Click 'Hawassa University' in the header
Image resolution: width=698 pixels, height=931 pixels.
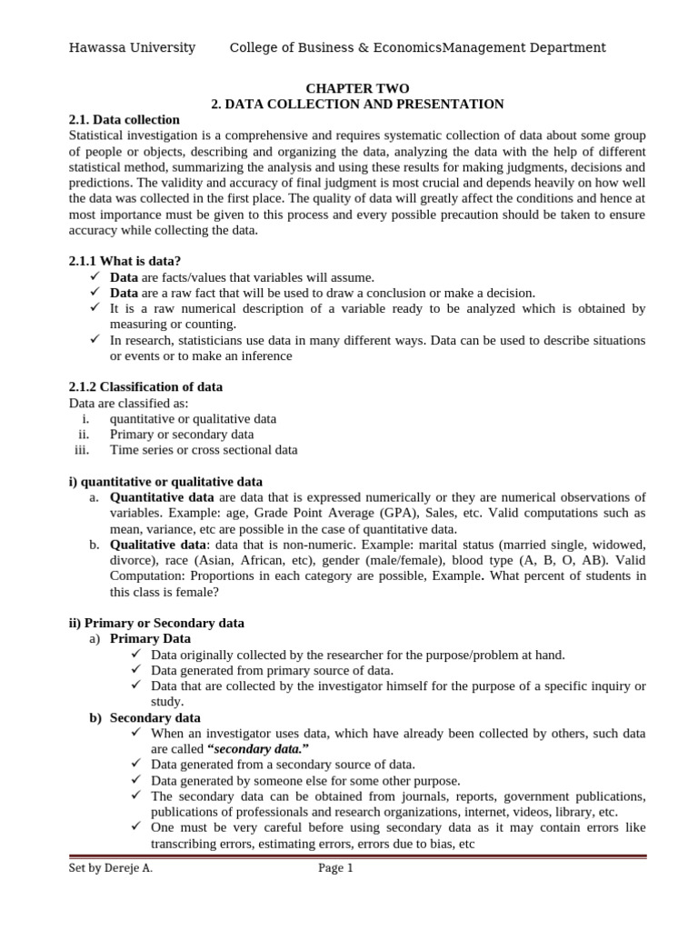coord(132,47)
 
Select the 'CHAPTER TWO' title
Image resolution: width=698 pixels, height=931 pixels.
coord(351,88)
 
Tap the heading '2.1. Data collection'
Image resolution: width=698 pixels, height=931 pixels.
coord(125,120)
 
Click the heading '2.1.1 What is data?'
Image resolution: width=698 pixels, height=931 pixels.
coord(125,261)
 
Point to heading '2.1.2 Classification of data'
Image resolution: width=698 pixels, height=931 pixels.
coord(145,386)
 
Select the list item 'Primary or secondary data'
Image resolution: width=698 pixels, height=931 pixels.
coord(182,434)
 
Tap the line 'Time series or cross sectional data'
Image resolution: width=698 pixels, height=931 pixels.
coord(204,449)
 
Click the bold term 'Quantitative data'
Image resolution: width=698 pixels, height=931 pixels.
coord(162,496)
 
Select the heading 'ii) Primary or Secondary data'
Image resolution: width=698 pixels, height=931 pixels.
coord(156,623)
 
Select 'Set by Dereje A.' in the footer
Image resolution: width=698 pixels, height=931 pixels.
coord(111,868)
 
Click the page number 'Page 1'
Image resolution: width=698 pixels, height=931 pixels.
coord(335,868)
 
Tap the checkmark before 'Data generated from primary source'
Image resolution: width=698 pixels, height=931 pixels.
coord(136,670)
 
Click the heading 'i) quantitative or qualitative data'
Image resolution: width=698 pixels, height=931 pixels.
coord(165,481)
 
